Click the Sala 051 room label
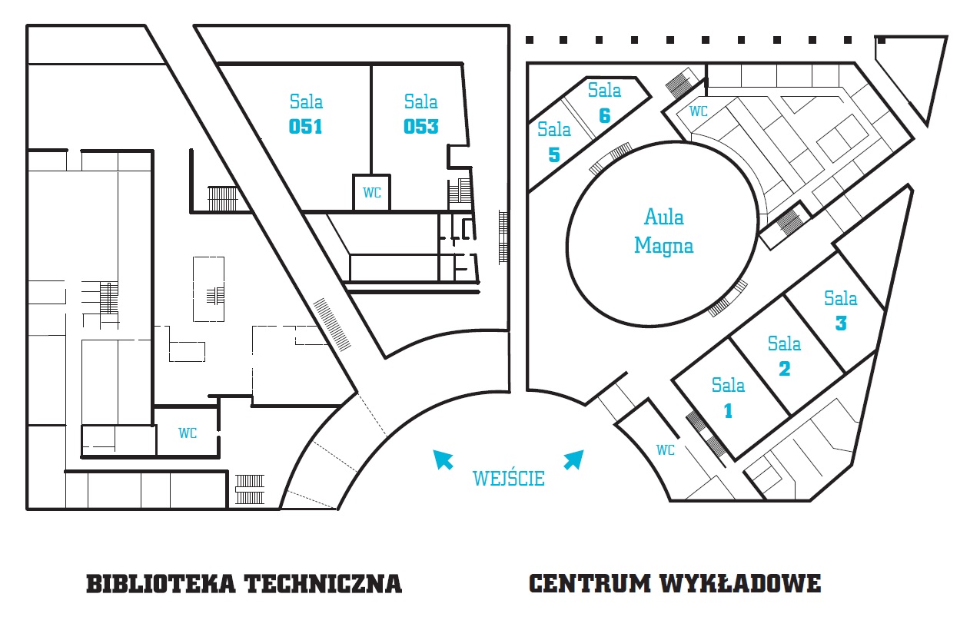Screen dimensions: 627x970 click(x=306, y=114)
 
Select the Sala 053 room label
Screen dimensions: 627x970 click(x=421, y=114)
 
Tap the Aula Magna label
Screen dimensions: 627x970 click(x=663, y=231)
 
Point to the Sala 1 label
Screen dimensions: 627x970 click(x=728, y=397)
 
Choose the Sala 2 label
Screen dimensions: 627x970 click(x=784, y=356)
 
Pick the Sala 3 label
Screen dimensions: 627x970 click(x=840, y=310)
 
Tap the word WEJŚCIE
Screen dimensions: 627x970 click(x=509, y=479)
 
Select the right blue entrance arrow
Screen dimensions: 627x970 click(x=573, y=459)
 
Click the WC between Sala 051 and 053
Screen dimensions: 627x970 click(x=372, y=194)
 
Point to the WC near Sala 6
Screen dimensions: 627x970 click(x=698, y=111)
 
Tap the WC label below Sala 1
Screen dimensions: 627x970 click(x=666, y=450)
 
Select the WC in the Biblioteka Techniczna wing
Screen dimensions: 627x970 click(x=188, y=433)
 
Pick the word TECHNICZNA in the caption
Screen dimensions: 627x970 click(x=323, y=584)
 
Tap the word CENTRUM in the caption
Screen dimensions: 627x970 click(x=590, y=584)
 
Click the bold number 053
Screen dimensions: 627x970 click(x=421, y=126)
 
